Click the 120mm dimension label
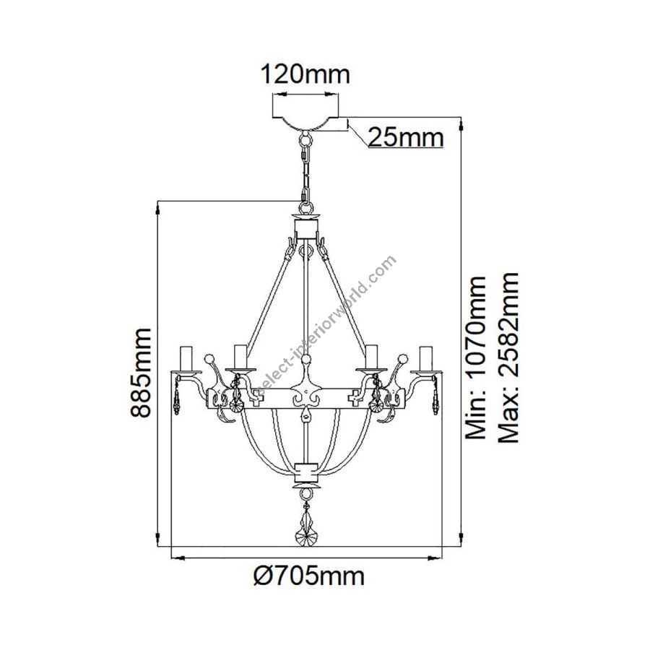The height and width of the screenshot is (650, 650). click(305, 74)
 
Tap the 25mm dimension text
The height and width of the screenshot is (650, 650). click(406, 137)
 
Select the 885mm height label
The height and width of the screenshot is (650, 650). click(139, 372)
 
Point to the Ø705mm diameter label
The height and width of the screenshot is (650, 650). click(309, 576)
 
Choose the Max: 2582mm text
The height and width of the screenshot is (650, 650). click(508, 357)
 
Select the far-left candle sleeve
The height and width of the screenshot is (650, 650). click(186, 357)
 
